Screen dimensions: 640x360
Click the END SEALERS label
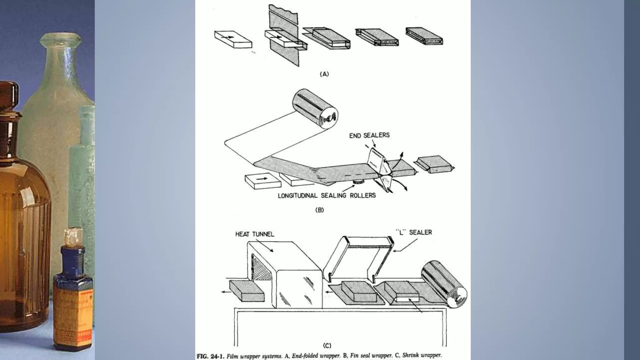(369, 135)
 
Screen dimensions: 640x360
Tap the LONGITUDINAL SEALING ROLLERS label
(327, 196)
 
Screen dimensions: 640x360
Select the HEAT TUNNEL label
(255, 234)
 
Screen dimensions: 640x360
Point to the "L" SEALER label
(414, 232)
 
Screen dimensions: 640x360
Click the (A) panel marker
(324, 74)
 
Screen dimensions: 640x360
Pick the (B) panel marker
(319, 210)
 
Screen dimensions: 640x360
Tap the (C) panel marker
(327, 345)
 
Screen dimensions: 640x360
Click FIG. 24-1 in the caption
(210, 356)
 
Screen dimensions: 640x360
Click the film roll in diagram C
(444, 287)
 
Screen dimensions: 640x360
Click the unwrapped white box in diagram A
(233, 39)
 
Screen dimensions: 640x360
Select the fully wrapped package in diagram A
(424, 36)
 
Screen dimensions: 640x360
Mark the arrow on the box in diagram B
(262, 178)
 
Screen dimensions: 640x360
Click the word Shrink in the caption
(410, 355)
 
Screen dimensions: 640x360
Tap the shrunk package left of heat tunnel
(247, 290)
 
